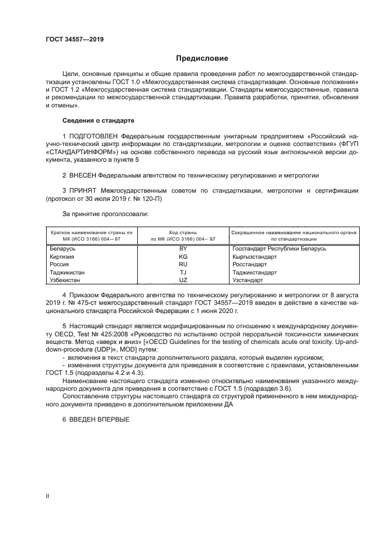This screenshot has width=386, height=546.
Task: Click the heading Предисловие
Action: point(203,58)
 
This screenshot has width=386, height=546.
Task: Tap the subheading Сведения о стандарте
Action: point(98,120)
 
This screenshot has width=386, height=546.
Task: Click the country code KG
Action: point(183,256)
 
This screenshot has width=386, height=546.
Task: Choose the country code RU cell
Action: point(183,264)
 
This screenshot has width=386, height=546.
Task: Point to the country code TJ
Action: point(183,272)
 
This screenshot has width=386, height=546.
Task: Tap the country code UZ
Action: point(183,280)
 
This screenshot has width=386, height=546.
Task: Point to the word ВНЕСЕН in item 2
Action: point(83,175)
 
